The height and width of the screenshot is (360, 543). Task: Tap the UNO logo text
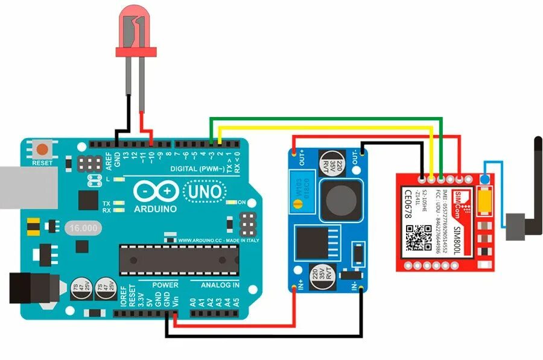pos(205,192)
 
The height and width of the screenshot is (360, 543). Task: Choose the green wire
pos(326,119)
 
